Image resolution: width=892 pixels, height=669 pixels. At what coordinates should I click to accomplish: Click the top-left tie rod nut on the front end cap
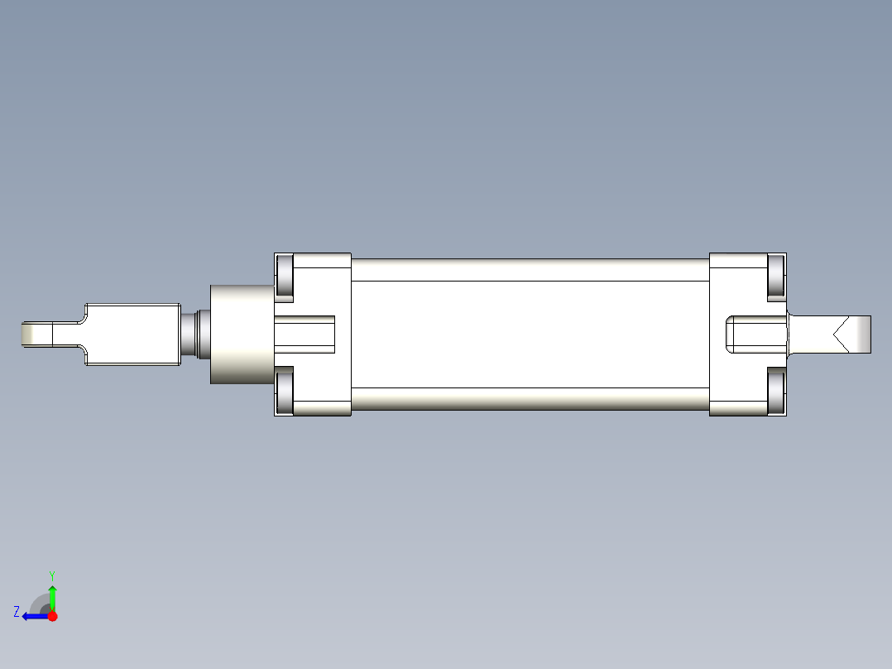[284, 276]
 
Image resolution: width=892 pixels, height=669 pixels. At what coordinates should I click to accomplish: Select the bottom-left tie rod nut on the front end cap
[284, 392]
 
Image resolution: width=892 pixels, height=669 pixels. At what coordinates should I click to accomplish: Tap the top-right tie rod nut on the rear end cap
[776, 276]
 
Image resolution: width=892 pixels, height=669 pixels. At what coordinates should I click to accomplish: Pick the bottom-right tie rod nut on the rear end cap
[776, 392]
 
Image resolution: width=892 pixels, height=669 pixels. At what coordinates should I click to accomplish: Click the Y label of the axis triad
[51, 575]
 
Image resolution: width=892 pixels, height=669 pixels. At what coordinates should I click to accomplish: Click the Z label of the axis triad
[17, 612]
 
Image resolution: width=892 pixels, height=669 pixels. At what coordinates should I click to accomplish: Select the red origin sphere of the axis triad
[52, 616]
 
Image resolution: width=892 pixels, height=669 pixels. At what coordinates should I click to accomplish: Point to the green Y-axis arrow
[52, 596]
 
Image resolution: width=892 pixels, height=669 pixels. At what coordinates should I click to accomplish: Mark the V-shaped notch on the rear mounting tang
[839, 334]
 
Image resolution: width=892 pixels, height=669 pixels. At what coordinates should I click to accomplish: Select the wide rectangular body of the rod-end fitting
[132, 334]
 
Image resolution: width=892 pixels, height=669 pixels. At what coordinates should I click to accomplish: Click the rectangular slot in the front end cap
[305, 334]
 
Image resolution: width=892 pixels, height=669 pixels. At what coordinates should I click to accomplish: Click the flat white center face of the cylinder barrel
[530, 334]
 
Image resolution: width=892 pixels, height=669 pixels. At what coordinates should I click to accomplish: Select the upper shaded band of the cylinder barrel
[530, 269]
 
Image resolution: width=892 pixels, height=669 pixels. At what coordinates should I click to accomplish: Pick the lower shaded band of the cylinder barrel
[530, 399]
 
